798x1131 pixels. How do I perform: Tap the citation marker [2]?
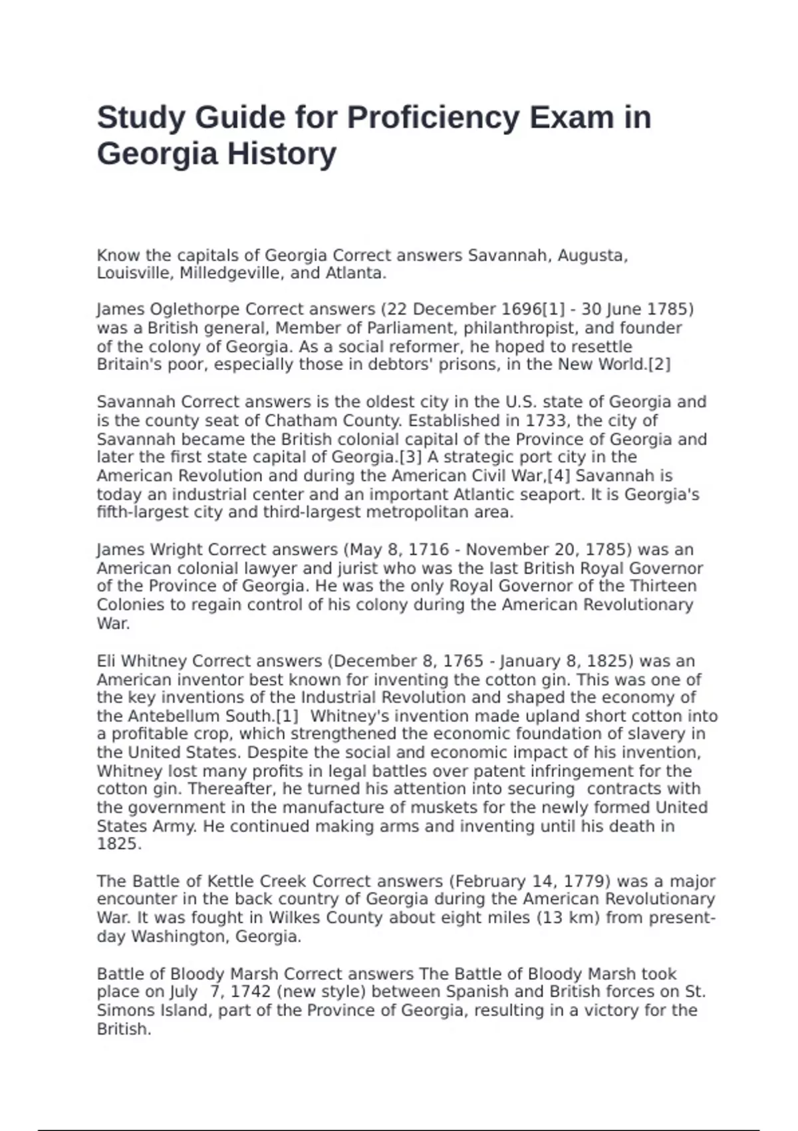click(659, 365)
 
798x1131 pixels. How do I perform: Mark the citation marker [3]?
click(410, 457)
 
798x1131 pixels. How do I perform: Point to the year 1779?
click(587, 882)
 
